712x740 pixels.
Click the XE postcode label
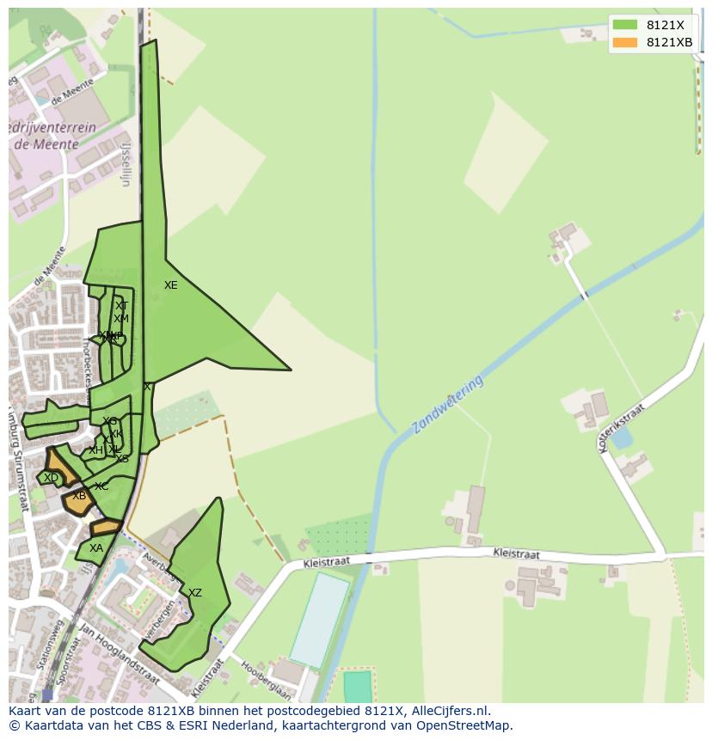170,285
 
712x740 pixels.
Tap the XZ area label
195,593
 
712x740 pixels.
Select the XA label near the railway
95,548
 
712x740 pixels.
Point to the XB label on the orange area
79,496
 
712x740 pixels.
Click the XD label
51,478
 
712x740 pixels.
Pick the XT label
121,306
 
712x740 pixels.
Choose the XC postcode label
101,486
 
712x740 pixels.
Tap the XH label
95,450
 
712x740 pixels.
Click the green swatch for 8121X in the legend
625,25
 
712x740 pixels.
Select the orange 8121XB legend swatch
625,42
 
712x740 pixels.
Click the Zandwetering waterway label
447,404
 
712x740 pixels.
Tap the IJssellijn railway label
126,164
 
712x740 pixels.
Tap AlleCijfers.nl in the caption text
451,711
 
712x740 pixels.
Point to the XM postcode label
120,319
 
